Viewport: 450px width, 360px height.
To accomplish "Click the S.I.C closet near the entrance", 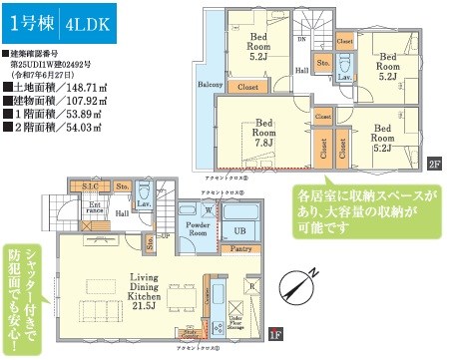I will pyautogui.click(x=90, y=187).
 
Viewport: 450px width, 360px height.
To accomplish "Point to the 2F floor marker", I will pyautogui.click(x=434, y=164).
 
